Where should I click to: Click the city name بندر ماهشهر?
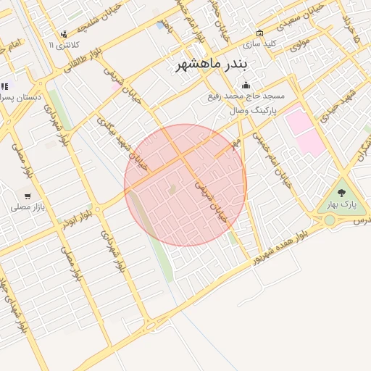pos(211,64)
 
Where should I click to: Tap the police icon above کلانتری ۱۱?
pos(64,33)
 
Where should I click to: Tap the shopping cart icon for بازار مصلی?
pos(28,196)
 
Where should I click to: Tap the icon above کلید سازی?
pos(260,33)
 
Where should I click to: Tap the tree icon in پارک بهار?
pos(341,193)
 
